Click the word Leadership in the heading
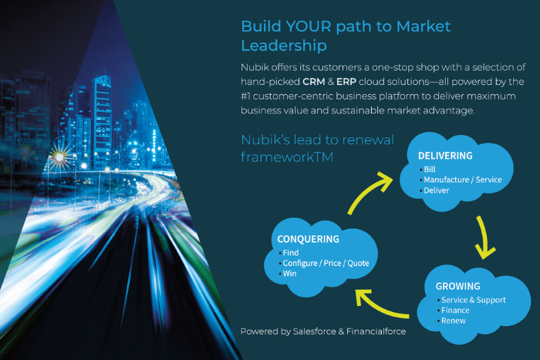[x=285, y=45]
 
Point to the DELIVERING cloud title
[x=445, y=156]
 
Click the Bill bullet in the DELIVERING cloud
[x=430, y=169]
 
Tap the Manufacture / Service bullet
[x=462, y=180]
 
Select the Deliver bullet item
[x=437, y=190]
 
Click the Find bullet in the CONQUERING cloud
[x=291, y=252]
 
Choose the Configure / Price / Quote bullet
[x=326, y=263]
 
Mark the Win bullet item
[x=290, y=274]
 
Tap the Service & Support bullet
[x=472, y=299]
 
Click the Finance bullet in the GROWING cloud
[x=454, y=310]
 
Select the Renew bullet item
[x=453, y=321]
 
